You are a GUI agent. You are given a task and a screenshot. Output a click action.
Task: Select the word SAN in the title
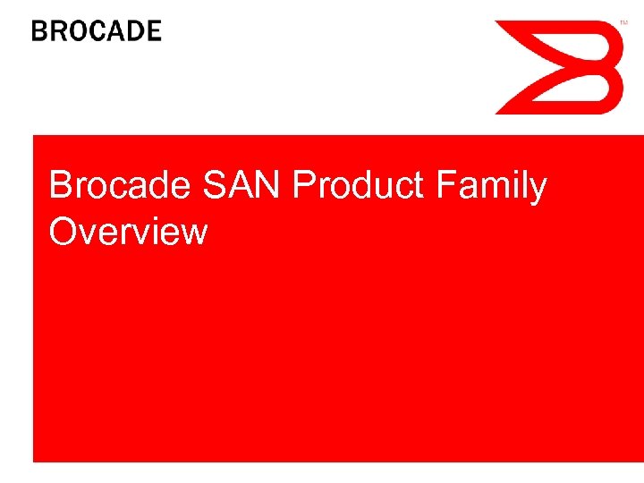pyautogui.click(x=235, y=186)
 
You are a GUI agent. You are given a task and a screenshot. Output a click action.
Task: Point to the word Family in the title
pyautogui.click(x=491, y=186)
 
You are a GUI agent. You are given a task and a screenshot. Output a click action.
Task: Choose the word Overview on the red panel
pyautogui.click(x=129, y=232)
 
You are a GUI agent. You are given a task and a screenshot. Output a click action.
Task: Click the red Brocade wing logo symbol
pyautogui.click(x=559, y=67)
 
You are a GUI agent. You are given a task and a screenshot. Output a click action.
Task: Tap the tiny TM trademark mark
pyautogui.click(x=624, y=22)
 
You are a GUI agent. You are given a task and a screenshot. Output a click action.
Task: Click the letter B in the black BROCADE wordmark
pyautogui.click(x=40, y=31)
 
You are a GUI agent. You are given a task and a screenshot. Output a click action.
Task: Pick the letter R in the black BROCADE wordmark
pyautogui.click(x=58, y=31)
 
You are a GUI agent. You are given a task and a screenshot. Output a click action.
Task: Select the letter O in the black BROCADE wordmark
pyautogui.click(x=78, y=31)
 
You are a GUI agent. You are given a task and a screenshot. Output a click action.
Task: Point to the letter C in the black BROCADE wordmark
pyautogui.click(x=97, y=31)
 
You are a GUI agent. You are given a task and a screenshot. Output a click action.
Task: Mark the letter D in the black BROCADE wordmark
pyautogui.click(x=134, y=31)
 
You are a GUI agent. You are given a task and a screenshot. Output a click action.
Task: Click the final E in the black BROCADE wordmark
pyautogui.click(x=153, y=31)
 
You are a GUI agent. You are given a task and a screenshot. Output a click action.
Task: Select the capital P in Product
pyautogui.click(x=302, y=186)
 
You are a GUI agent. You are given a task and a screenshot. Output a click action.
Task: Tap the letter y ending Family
pyautogui.click(x=537, y=190)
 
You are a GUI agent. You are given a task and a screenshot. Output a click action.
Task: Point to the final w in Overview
pyautogui.click(x=196, y=233)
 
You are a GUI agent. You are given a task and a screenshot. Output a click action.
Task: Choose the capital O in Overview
pyautogui.click(x=64, y=232)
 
